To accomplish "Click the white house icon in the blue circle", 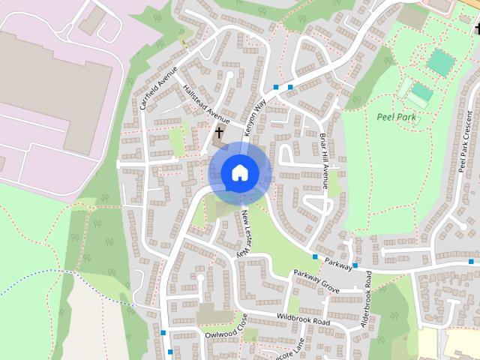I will coord(239,172).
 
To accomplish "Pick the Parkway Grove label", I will coord(316,280).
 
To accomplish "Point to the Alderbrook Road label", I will coord(367,300).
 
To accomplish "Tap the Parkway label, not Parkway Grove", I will coord(338,265).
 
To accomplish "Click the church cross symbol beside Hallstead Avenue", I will coord(219,132).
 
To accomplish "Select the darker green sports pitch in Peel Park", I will coord(440,61).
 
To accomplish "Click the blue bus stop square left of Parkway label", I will coord(315,257).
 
